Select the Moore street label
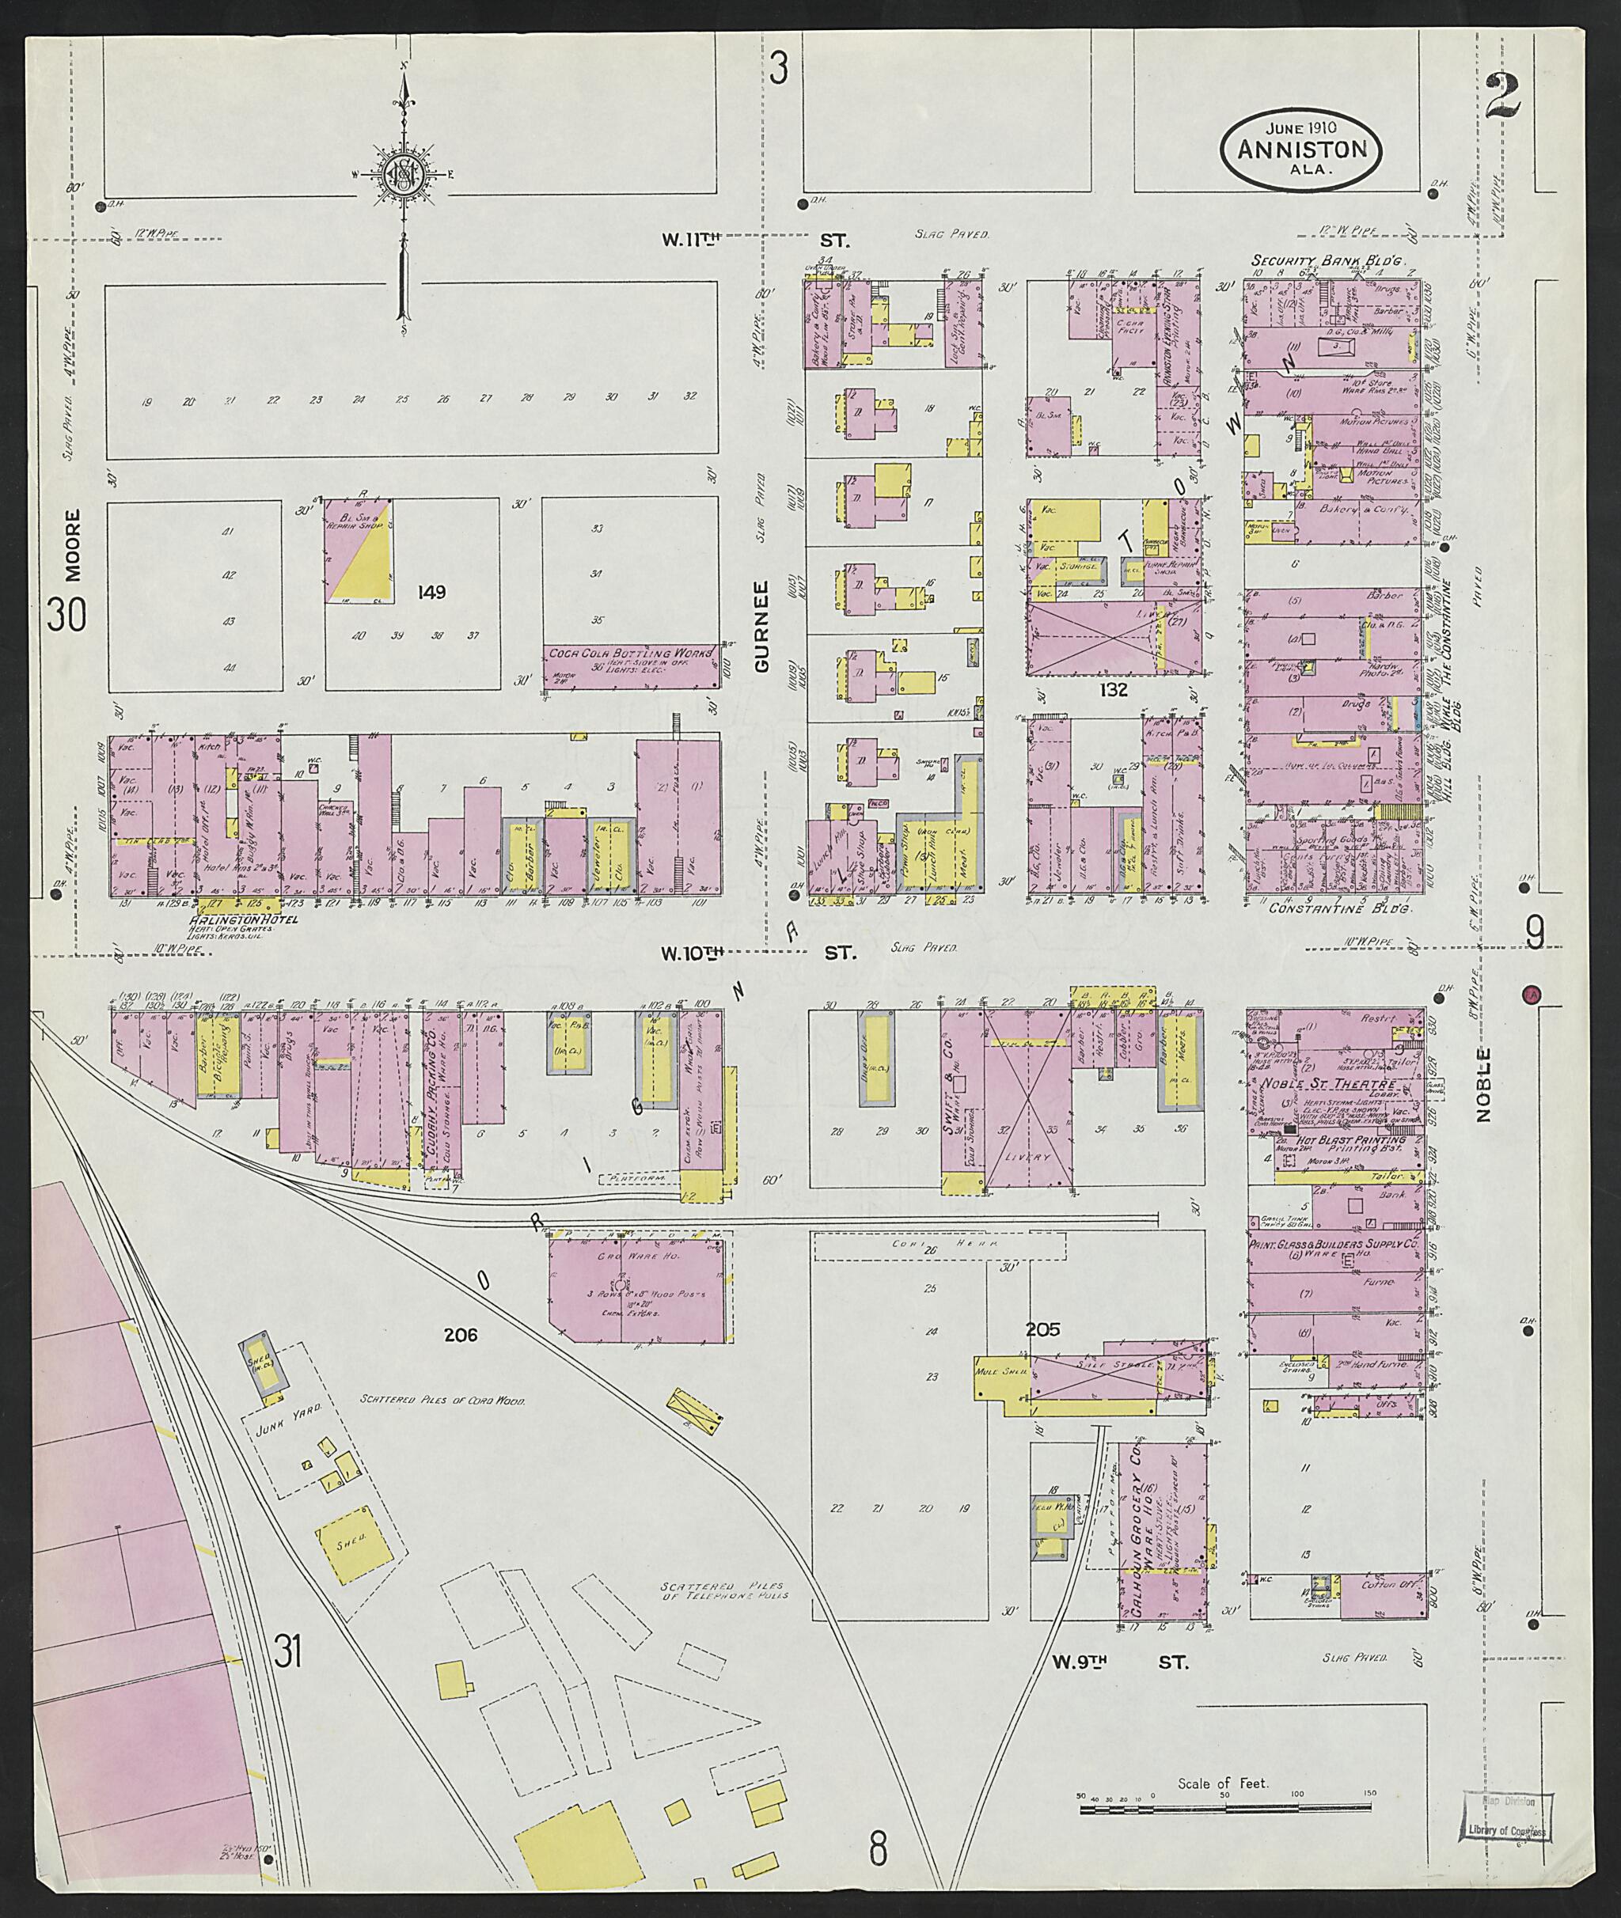point(74,546)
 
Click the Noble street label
point(1483,1085)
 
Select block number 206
point(461,1336)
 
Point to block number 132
point(1117,688)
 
